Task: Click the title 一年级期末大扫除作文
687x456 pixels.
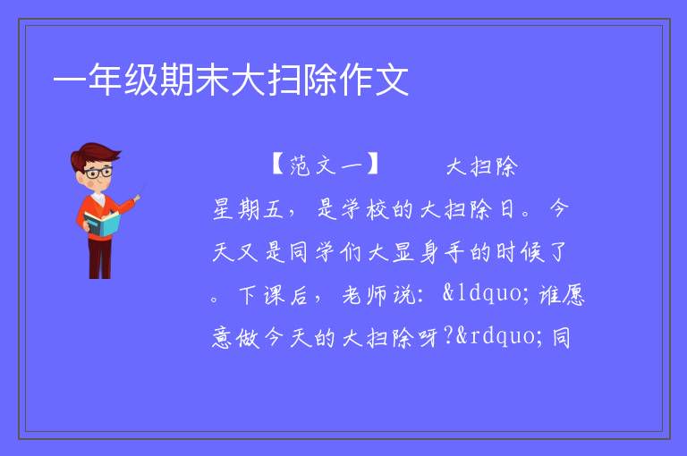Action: click(x=231, y=80)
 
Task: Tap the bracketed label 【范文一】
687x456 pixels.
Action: click(x=325, y=165)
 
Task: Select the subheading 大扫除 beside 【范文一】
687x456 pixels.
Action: click(x=482, y=166)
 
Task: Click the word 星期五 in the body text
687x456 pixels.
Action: click(x=249, y=208)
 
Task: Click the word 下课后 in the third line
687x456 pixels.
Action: click(x=274, y=295)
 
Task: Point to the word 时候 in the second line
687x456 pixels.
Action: click(x=520, y=252)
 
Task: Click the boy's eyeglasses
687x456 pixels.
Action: click(x=98, y=172)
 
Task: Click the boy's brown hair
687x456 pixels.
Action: click(x=94, y=156)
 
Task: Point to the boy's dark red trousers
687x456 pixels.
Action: click(x=100, y=258)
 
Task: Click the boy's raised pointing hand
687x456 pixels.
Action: click(x=137, y=198)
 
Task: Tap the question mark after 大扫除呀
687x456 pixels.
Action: click(x=448, y=337)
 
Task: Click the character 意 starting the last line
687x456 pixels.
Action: click(x=223, y=338)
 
